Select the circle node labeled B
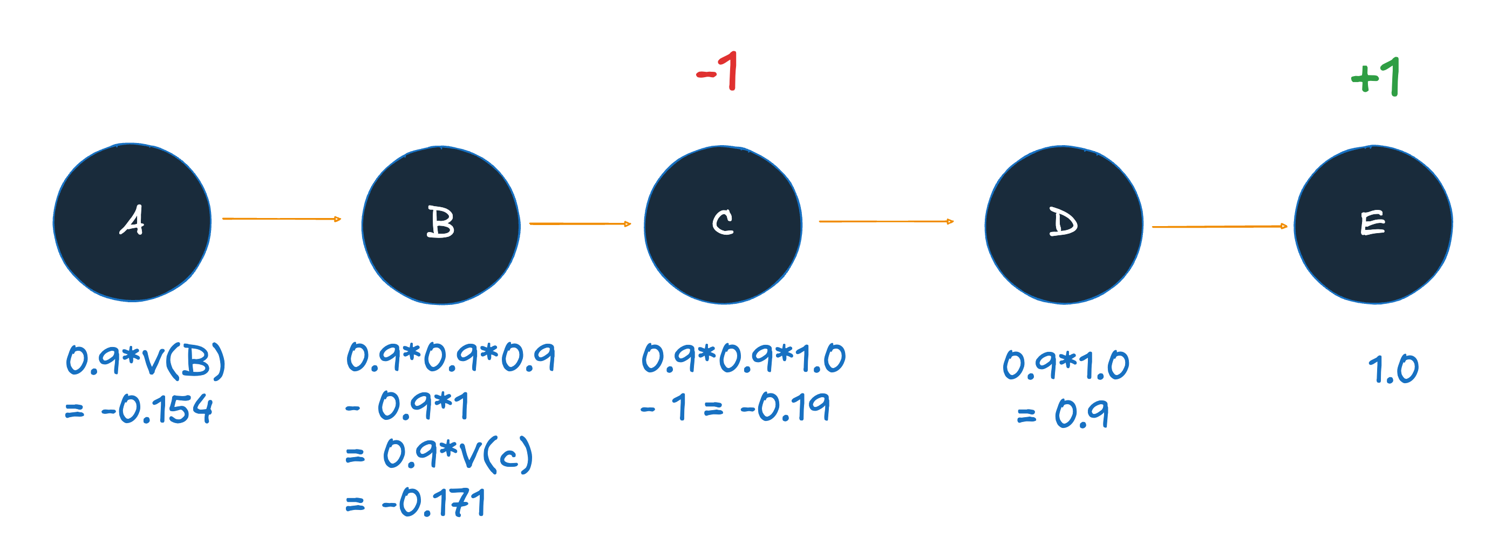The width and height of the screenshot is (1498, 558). (x=441, y=225)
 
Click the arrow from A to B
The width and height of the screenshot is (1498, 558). (x=282, y=219)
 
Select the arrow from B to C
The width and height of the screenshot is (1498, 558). (x=580, y=224)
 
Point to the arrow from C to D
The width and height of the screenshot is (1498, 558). (x=886, y=221)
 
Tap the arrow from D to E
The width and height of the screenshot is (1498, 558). (x=1219, y=227)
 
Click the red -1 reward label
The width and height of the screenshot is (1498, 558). (x=718, y=71)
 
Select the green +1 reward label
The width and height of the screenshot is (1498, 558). (x=1376, y=77)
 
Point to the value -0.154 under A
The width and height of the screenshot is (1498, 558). (x=157, y=409)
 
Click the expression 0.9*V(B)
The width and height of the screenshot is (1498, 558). (x=145, y=361)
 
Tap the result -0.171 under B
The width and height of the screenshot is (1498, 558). (x=433, y=503)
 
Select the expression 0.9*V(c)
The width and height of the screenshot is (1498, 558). (x=458, y=454)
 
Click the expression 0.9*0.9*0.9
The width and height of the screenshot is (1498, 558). (x=451, y=357)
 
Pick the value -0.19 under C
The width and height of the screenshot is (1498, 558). (x=785, y=406)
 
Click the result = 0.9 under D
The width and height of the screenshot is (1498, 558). (x=1063, y=414)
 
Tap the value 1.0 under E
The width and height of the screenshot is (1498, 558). (x=1393, y=369)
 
